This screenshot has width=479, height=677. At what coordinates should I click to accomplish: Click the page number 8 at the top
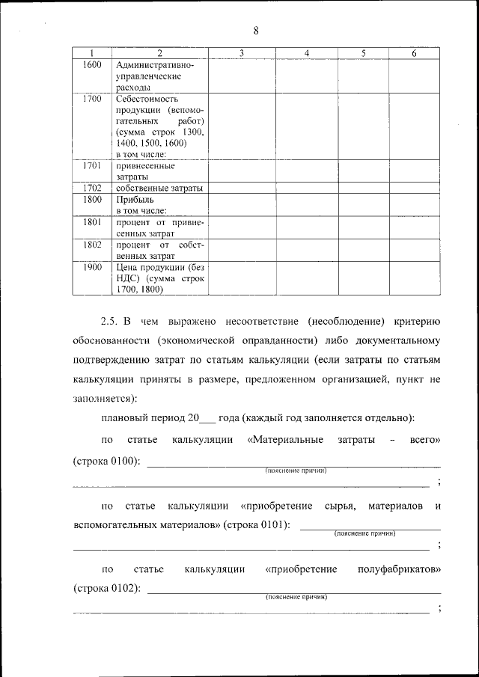(256, 31)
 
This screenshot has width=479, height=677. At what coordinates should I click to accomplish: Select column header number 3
(242, 53)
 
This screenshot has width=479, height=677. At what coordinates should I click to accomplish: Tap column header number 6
(414, 53)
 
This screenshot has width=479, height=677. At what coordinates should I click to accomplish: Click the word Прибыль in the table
(135, 200)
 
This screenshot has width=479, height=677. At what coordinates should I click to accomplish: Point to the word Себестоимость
(147, 98)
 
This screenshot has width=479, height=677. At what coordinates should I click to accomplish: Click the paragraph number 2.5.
(110, 322)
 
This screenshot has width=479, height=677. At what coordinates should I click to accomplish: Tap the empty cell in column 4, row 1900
(307, 278)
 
